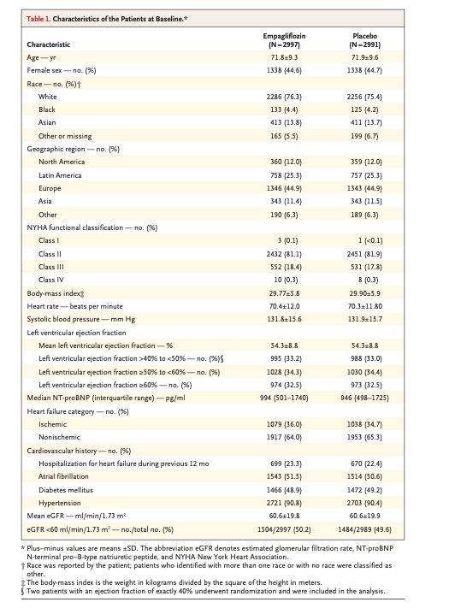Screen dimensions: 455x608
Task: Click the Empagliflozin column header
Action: click(x=284, y=40)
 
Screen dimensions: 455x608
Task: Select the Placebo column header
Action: click(x=364, y=40)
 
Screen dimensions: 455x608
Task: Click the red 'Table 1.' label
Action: click(x=38, y=19)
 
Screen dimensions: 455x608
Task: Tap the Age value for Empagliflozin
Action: click(x=284, y=57)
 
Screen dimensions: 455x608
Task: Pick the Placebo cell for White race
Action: click(x=364, y=97)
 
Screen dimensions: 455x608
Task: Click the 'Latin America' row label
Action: click(x=60, y=175)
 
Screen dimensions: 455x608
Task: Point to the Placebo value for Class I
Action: click(x=370, y=240)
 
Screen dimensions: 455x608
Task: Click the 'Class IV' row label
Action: click(x=51, y=280)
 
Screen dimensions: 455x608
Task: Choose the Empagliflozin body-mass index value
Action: click(x=284, y=293)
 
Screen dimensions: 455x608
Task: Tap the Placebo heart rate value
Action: click(x=365, y=306)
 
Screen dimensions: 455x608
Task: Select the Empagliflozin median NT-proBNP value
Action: click(x=284, y=398)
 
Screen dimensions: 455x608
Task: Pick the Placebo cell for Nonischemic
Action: click(x=364, y=437)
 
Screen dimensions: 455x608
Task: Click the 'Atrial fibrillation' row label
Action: click(x=63, y=476)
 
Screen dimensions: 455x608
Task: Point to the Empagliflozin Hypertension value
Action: click(x=284, y=503)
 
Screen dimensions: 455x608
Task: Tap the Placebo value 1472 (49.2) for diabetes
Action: click(x=364, y=490)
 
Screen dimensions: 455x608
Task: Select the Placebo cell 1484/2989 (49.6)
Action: click(x=365, y=529)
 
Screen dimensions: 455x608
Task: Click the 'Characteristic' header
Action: click(x=49, y=44)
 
